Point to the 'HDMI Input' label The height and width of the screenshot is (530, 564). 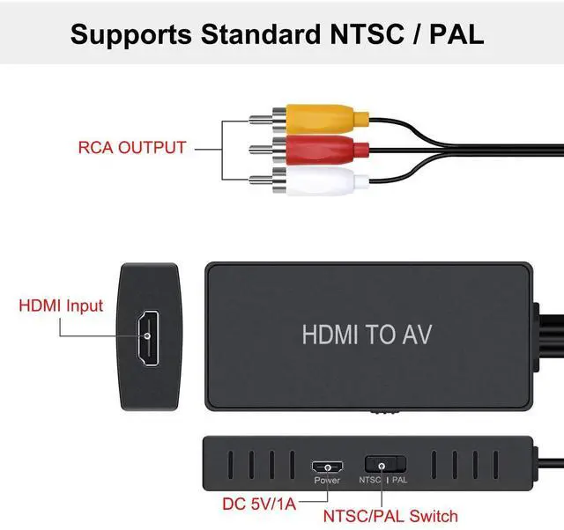(x=61, y=307)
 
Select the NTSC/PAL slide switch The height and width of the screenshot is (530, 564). (x=384, y=464)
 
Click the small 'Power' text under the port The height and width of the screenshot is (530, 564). (x=327, y=481)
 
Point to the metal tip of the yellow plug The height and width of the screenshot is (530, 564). (x=260, y=116)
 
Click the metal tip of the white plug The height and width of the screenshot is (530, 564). (x=260, y=181)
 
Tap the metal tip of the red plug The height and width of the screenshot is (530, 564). (x=260, y=148)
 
